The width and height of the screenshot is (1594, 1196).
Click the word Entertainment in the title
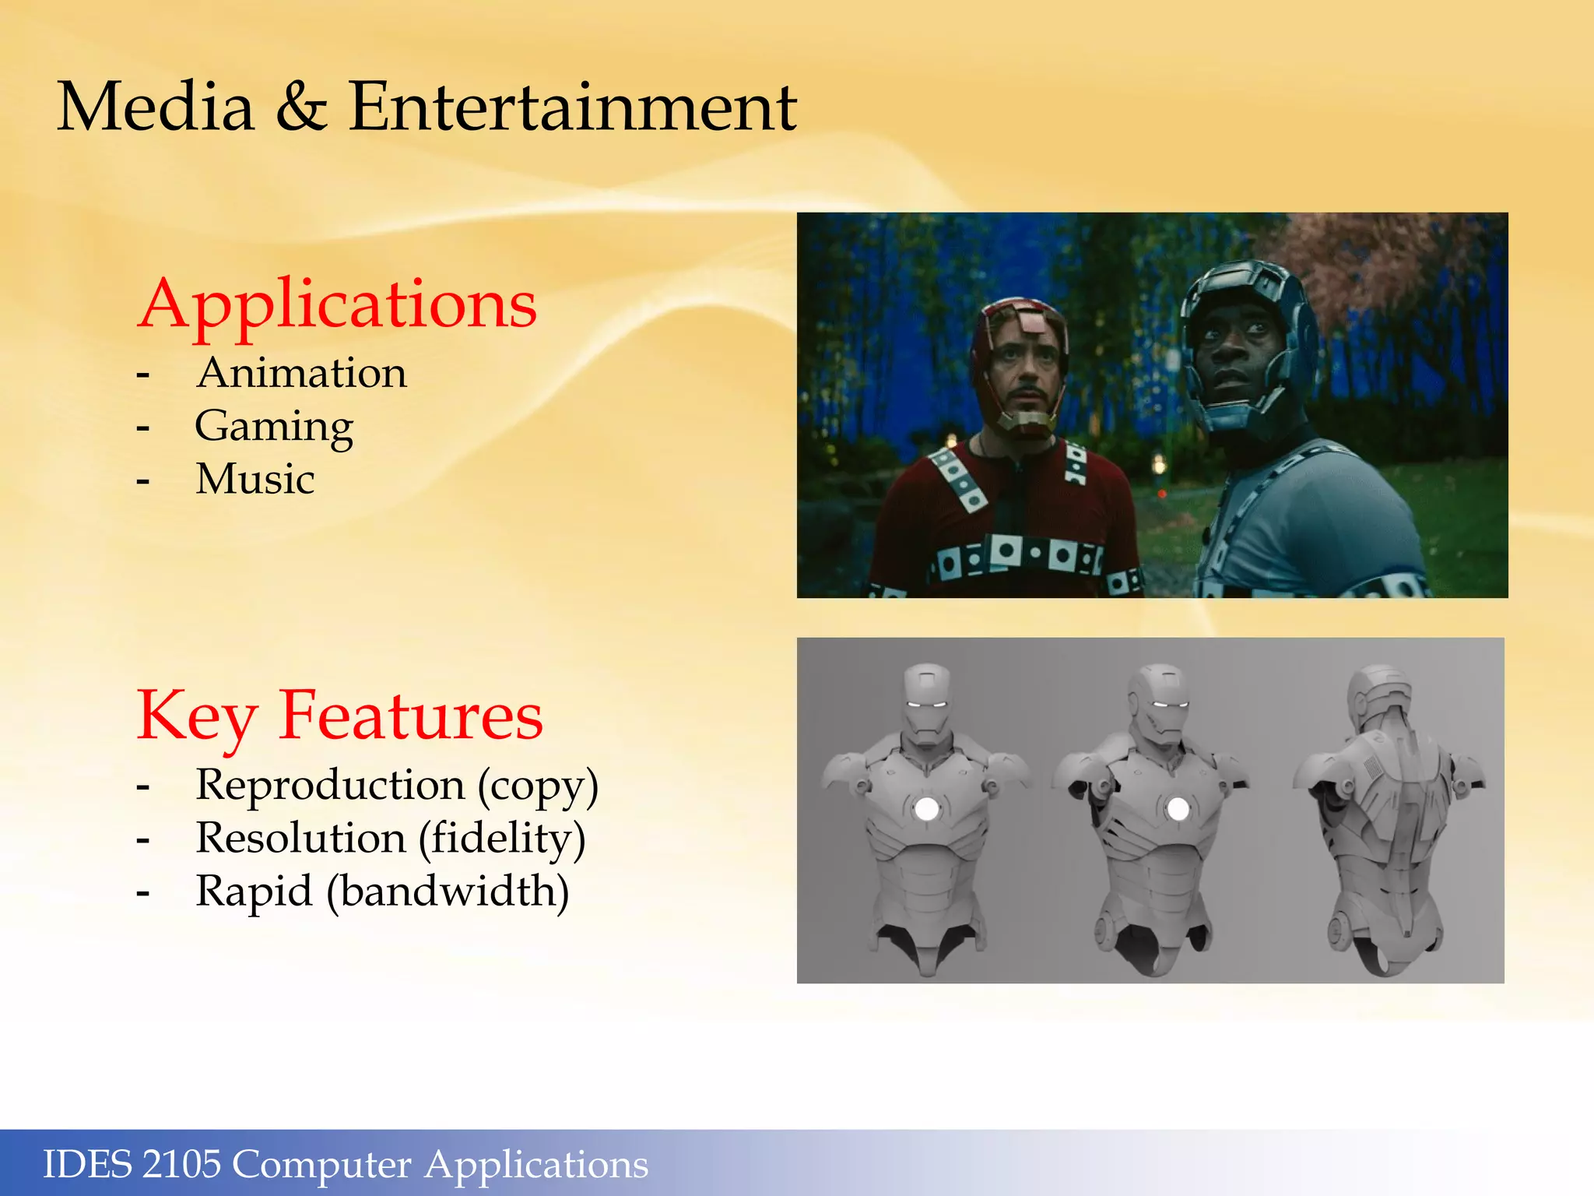[572, 107]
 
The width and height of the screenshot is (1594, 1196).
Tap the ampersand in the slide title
[300, 107]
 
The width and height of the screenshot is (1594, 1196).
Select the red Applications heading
[337, 304]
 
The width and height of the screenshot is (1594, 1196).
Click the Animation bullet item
[301, 373]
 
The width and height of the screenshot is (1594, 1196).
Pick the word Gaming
[274, 427]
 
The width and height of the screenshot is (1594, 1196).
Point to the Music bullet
[255, 479]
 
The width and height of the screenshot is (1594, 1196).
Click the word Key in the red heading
[196, 716]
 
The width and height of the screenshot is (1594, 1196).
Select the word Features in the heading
[410, 716]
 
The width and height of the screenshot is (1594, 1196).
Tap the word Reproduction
[330, 785]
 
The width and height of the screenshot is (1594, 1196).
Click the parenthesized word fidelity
[502, 839]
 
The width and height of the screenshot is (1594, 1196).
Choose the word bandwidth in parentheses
[448, 892]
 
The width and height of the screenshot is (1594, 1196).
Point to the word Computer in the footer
[321, 1166]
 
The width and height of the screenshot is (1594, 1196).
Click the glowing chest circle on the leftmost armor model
[926, 808]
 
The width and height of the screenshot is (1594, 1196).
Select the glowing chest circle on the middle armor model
[1178, 808]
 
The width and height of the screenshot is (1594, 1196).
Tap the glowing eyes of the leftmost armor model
[927, 705]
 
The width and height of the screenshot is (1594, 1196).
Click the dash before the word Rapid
[142, 893]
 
